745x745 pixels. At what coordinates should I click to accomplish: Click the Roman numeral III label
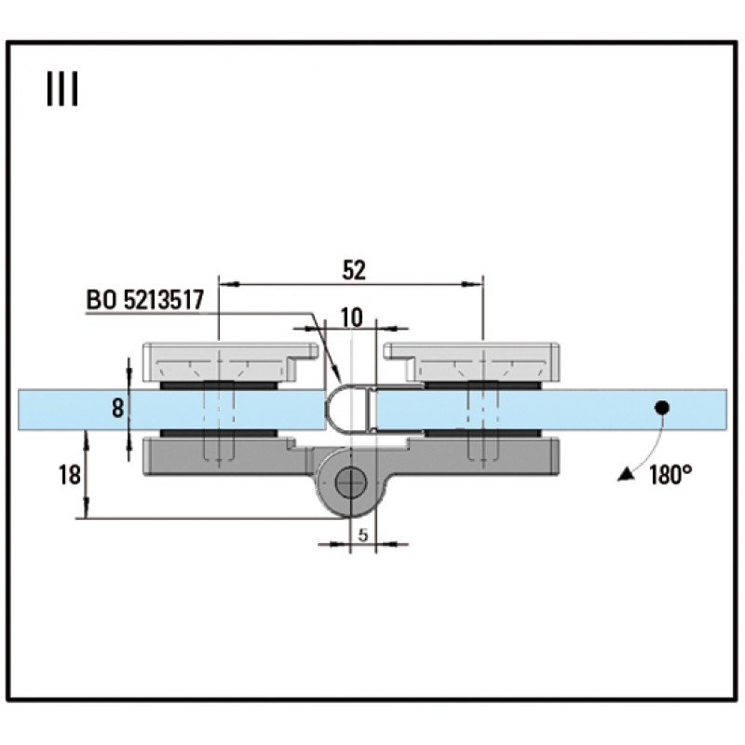(x=61, y=91)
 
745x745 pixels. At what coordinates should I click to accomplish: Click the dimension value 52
(x=353, y=270)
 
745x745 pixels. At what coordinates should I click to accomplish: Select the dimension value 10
(x=351, y=317)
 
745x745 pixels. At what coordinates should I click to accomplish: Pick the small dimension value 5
(x=363, y=535)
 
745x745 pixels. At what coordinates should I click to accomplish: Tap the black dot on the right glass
(x=661, y=407)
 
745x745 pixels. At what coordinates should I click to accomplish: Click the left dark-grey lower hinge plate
(x=223, y=455)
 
